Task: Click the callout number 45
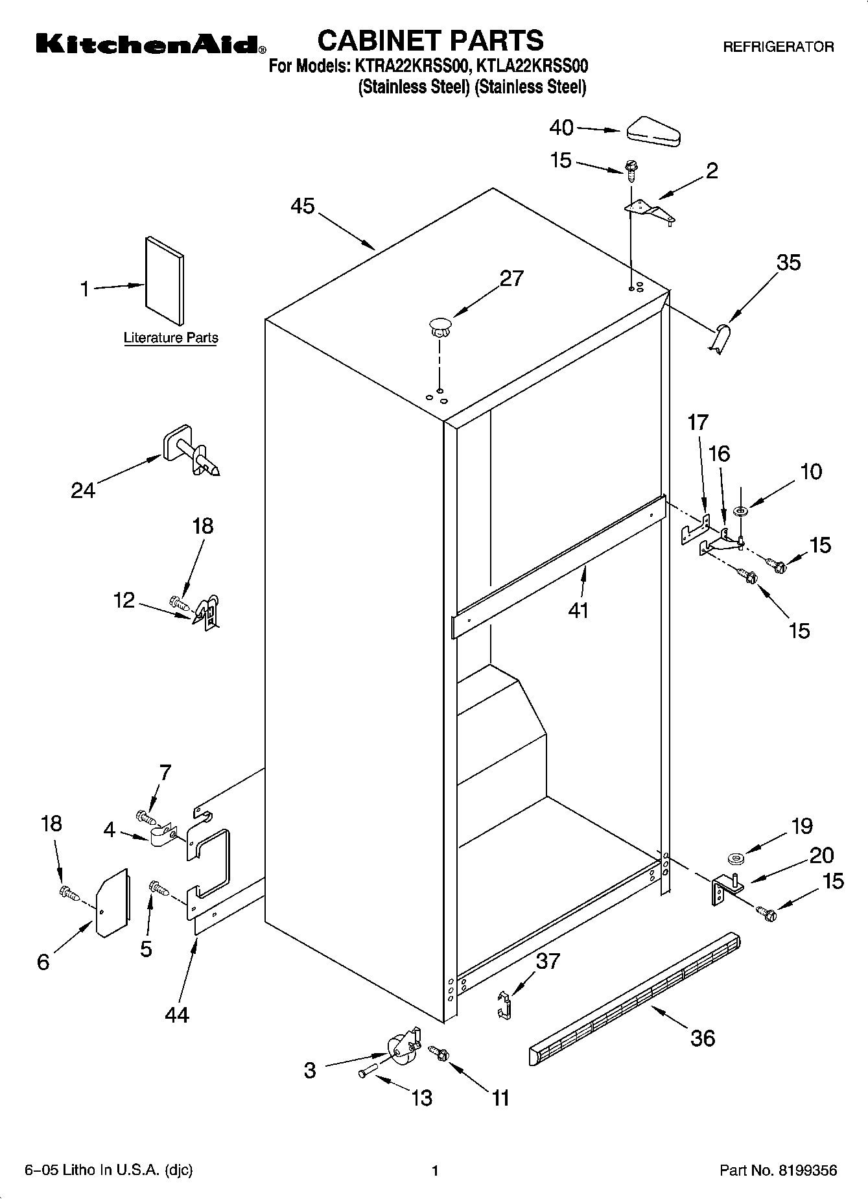point(303,206)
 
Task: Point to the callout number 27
point(511,278)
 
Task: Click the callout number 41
point(578,610)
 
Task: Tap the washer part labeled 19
point(736,860)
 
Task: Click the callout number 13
point(421,1098)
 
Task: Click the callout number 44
point(176,1014)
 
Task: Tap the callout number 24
point(83,490)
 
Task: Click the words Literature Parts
point(170,338)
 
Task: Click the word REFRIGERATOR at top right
point(778,47)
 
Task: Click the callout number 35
point(788,263)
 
